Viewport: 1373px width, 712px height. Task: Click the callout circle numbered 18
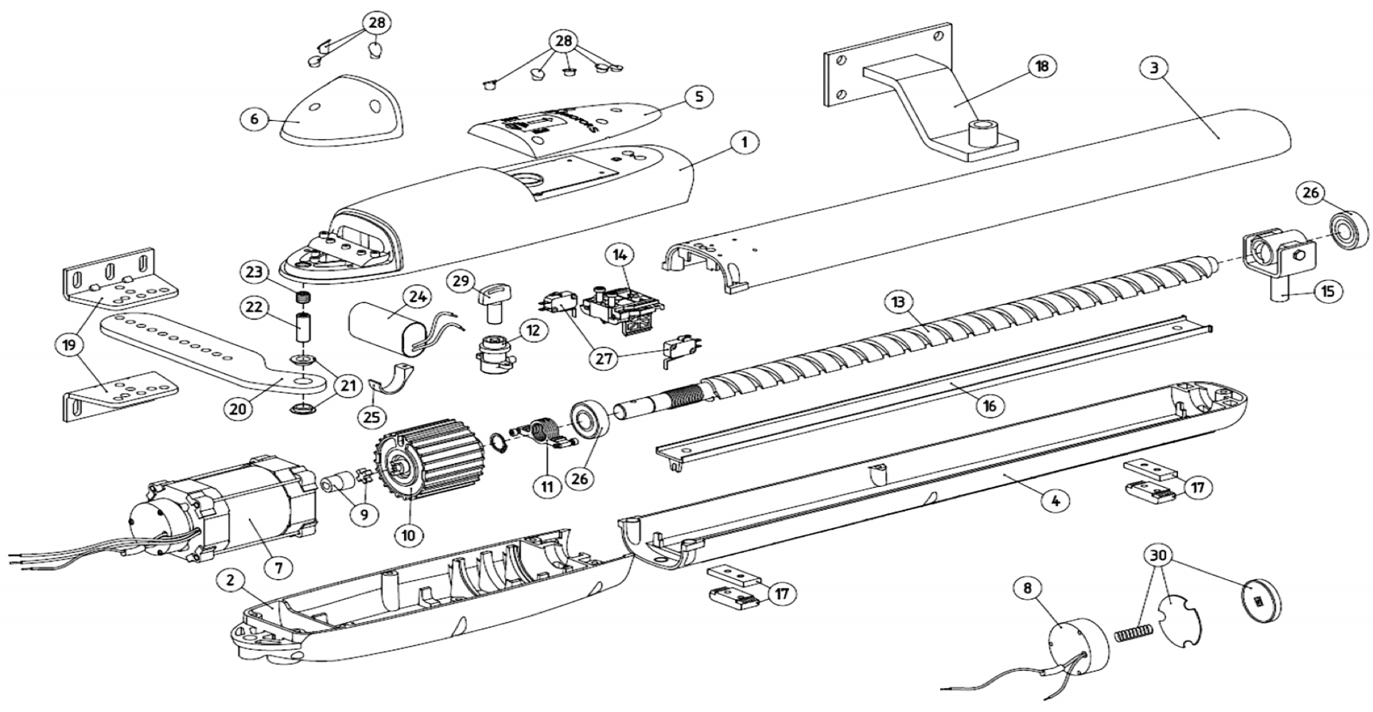(x=1041, y=66)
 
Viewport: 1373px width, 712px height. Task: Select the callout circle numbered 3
(x=1153, y=67)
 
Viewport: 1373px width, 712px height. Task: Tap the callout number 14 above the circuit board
(x=621, y=255)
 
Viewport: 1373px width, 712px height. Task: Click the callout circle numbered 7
(x=279, y=567)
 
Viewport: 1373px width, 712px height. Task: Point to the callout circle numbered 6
(x=255, y=119)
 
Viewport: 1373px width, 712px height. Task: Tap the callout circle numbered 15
(x=1327, y=292)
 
